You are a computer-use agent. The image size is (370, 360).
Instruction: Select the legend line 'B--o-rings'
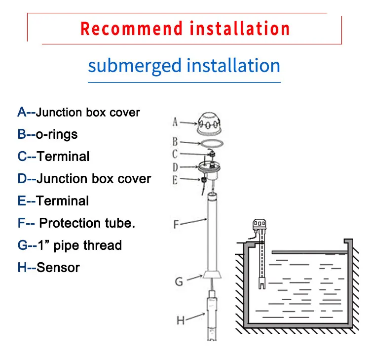[47, 134]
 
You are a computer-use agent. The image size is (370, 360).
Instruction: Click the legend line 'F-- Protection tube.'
[76, 223]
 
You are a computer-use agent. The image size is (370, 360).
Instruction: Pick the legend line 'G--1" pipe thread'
[70, 245]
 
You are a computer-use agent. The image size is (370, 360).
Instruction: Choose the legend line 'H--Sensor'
[48, 267]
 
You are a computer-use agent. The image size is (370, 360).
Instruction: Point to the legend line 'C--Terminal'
[53, 157]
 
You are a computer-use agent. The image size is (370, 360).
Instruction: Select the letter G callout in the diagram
[179, 281]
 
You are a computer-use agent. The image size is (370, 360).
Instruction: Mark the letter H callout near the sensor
[181, 320]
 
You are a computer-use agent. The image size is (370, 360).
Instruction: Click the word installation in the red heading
[240, 28]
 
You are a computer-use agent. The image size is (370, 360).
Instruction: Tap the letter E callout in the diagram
[175, 180]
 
